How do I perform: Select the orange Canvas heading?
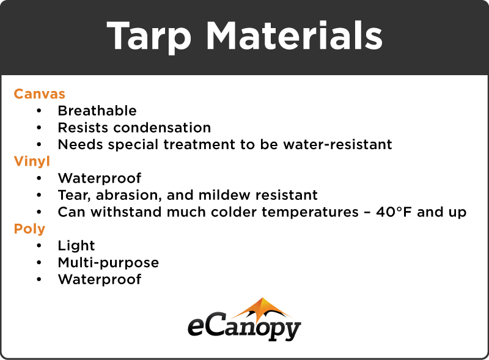[39, 94]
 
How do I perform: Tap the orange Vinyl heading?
[32, 161]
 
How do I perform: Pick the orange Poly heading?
[29, 229]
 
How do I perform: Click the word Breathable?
[97, 111]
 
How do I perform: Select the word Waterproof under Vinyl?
[100, 178]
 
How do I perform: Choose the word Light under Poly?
[76, 246]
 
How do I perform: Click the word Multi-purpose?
[108, 263]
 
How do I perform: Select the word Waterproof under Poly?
[100, 279]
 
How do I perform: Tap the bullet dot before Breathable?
[40, 111]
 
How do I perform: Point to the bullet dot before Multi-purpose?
[40, 263]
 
